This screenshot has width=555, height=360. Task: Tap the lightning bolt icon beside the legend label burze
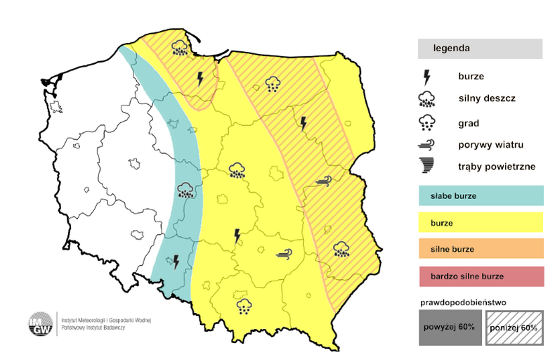click(426, 77)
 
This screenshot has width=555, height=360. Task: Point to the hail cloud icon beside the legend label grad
click(426, 123)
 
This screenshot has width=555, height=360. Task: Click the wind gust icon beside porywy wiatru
click(426, 145)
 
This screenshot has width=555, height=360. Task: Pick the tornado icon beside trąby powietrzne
click(426, 167)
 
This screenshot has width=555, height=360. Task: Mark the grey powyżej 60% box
click(450, 328)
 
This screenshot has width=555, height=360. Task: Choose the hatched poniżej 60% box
click(515, 328)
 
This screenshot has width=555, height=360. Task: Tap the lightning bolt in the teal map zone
click(176, 262)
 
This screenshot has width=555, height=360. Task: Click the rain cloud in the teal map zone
click(185, 191)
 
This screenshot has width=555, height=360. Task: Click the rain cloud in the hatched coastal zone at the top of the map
click(180, 48)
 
